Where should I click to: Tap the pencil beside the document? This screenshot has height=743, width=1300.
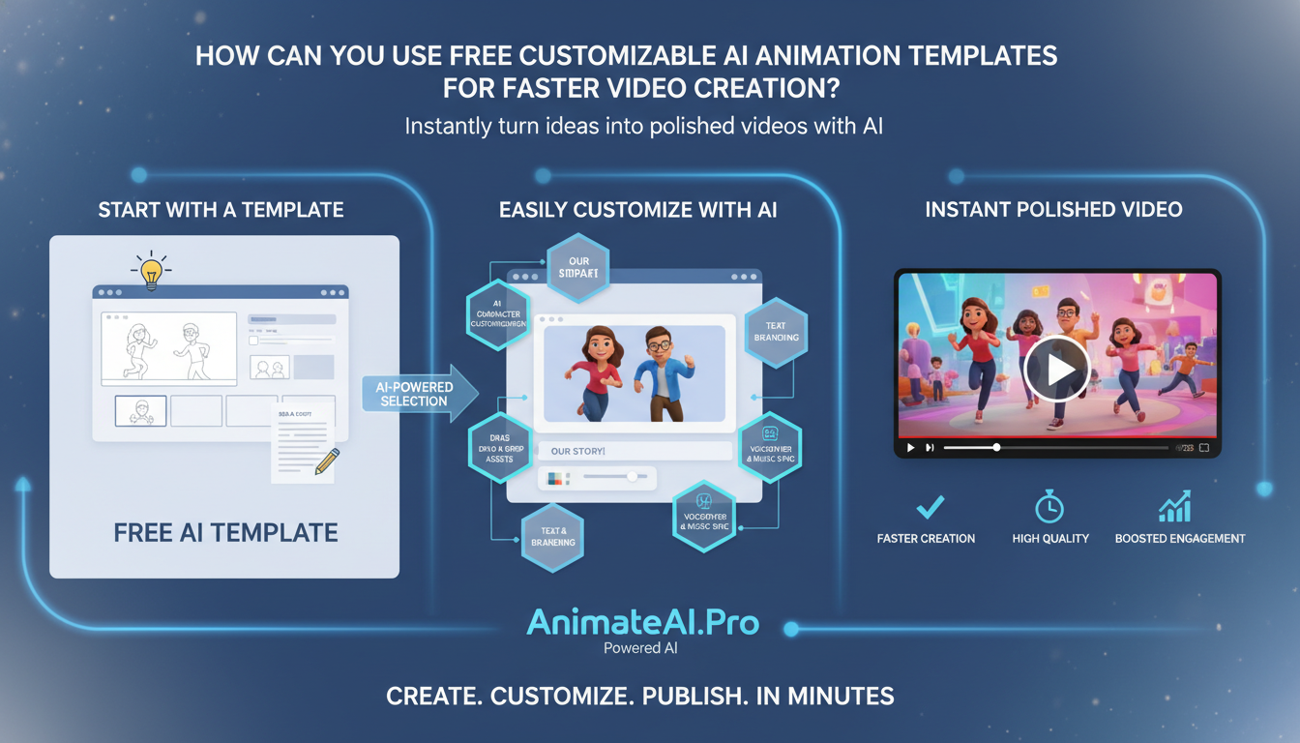(x=327, y=461)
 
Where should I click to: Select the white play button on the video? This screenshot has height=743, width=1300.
(x=1057, y=369)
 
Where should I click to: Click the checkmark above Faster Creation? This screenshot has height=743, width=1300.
(x=930, y=507)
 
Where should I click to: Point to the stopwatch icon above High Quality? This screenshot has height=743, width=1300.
(x=1049, y=506)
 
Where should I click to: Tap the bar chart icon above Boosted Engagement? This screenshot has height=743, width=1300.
(x=1175, y=506)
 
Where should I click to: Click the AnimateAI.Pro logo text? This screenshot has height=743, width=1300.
(x=642, y=623)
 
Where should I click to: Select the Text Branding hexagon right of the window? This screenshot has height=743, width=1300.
(x=776, y=332)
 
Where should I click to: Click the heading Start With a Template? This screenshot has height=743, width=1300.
(x=221, y=210)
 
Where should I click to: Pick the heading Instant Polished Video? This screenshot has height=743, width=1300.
(x=1053, y=210)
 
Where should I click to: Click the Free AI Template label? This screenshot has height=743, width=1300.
(x=225, y=532)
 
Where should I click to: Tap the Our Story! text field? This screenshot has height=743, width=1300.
(x=635, y=451)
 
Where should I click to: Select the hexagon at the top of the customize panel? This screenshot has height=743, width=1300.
(x=578, y=266)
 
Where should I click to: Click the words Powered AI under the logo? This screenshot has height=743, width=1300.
(x=640, y=648)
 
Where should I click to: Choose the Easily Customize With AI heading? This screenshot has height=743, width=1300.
(x=637, y=210)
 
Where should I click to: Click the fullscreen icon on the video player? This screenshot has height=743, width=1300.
(x=1204, y=448)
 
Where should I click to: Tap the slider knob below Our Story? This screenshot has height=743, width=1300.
(x=633, y=477)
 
